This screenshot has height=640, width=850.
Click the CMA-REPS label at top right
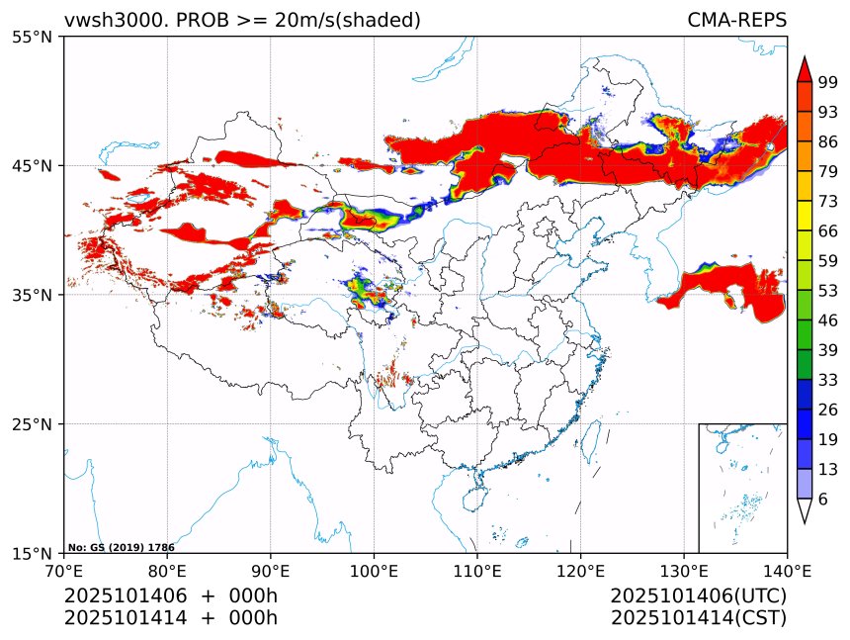[x=736, y=20]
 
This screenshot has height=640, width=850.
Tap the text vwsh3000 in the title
[x=98, y=20]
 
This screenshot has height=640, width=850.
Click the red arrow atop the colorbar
[x=805, y=70]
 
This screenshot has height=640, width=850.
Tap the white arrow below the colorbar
[x=805, y=510]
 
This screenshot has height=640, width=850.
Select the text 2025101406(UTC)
[x=698, y=596]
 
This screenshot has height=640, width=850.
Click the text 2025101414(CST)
[x=698, y=618]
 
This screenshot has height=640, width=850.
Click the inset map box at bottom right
[x=742, y=488]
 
